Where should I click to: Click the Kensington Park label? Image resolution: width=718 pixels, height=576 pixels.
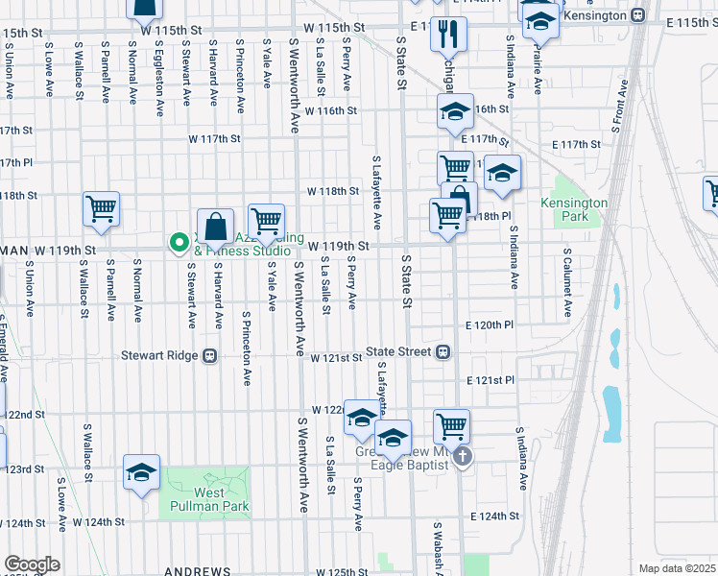574,209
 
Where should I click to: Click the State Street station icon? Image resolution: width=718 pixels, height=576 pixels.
444,351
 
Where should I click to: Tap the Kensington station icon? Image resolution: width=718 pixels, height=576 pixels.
637,16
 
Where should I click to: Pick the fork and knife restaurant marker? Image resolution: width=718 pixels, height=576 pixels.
447,34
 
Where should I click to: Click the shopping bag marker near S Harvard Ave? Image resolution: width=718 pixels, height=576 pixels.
217,228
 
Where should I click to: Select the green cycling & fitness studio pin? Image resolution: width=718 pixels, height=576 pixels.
178,242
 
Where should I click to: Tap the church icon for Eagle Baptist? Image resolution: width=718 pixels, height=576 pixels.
463,456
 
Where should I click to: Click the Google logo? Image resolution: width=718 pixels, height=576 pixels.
32,564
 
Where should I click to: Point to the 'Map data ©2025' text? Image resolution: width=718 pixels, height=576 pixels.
677,568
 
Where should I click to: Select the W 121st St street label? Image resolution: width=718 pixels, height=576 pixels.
335,357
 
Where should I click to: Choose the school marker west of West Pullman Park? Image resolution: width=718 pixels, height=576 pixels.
141,472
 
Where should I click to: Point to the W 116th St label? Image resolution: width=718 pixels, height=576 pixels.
331,110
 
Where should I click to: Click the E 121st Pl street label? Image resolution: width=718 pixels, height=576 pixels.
491,381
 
